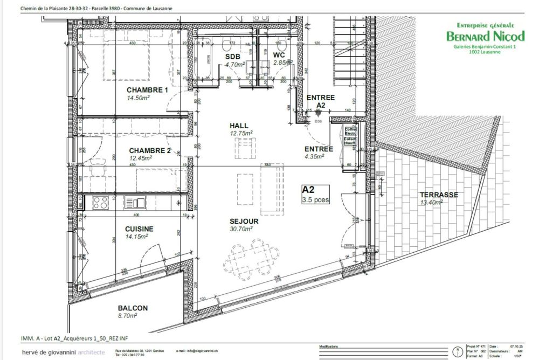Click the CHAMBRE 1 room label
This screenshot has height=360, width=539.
pos(148,90)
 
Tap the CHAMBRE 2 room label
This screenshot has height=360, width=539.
pos(150,150)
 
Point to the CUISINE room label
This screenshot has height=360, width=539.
pos(139,229)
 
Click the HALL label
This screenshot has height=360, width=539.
pos(239,125)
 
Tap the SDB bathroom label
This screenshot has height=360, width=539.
pos(233,56)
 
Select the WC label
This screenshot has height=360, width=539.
pos(279,55)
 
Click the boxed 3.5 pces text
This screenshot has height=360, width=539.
pos(316,199)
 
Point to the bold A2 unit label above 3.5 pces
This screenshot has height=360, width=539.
pos(308,190)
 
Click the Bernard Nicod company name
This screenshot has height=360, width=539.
pos(485,37)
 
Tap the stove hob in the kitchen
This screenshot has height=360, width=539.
pos(100,203)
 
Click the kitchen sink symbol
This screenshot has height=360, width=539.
pos(135,203)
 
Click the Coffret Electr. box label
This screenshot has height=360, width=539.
pos(350,131)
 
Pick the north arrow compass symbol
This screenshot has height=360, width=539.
pos(458,351)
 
